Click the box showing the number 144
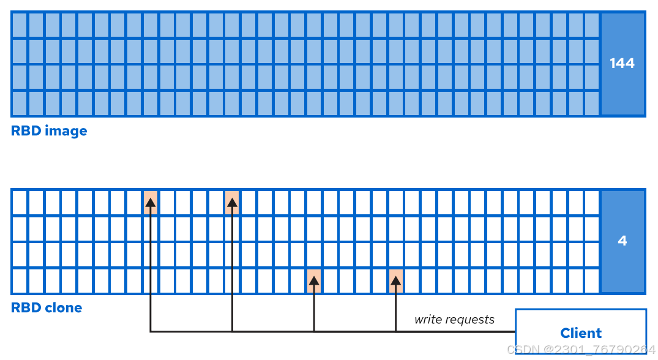coord(622,63)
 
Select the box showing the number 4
coord(622,241)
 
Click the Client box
coord(580,332)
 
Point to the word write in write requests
coord(427,320)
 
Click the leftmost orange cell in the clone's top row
coord(151,202)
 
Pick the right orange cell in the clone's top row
coord(232,202)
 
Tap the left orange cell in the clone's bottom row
coord(314,280)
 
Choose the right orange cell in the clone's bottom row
coord(395,280)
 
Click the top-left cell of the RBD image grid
coord(20,25)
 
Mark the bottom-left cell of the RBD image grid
coord(20,103)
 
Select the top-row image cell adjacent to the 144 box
coord(591,25)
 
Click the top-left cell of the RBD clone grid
coord(20,202)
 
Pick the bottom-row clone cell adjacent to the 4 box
coord(591,280)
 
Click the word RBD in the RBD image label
coord(24,131)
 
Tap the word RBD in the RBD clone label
coord(24,307)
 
